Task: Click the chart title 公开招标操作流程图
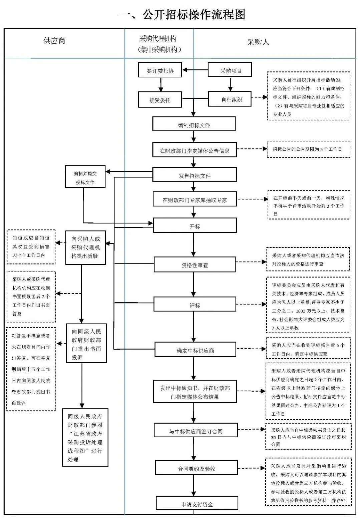tap(183, 14)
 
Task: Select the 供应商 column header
tap(54, 41)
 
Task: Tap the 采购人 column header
tap(258, 42)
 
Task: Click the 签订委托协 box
tap(160, 70)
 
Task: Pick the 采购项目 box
tap(230, 70)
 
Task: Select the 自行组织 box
tap(230, 99)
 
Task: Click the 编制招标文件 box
tap(194, 124)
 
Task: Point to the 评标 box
tap(195, 305)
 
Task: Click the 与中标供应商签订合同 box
tap(196, 431)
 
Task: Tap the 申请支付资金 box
tap(197, 504)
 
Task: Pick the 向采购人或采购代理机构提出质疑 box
tap(85, 247)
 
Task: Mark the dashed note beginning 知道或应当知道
tap(31, 246)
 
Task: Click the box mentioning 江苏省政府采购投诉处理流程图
tap(85, 437)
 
